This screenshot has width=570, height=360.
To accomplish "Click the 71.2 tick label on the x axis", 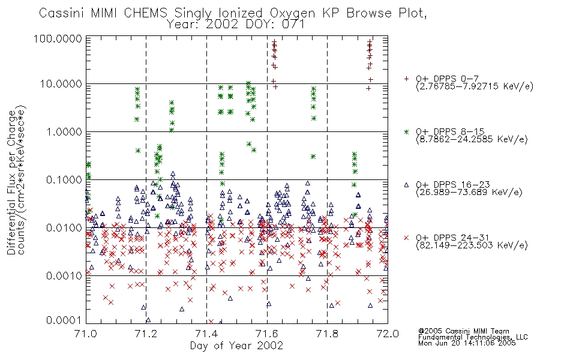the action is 146,333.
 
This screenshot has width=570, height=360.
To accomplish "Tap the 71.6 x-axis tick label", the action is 267,333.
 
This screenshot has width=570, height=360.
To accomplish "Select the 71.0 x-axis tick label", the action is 86,333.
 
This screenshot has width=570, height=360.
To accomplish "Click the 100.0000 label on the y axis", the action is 58,38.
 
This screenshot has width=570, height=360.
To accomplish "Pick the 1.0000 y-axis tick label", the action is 64,131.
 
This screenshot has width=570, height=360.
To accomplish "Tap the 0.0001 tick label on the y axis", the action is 64,320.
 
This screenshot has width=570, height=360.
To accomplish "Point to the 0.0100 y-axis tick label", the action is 64,227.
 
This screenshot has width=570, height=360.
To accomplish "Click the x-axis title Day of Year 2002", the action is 236,346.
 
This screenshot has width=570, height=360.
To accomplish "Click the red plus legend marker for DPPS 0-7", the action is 406,79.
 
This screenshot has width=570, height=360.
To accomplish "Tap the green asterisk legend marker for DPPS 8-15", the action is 406,131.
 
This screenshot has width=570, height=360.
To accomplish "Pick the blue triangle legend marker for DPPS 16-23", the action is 406,185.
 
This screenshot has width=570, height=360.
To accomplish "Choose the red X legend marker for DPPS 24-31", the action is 406,238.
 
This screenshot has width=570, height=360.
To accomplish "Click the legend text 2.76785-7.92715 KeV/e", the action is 475,86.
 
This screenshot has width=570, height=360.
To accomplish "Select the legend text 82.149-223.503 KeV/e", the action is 472,245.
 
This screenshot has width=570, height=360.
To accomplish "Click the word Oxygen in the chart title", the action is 292,13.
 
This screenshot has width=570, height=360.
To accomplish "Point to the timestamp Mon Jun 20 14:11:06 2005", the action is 467,343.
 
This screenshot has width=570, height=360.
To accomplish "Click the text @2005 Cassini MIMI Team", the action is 463,331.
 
